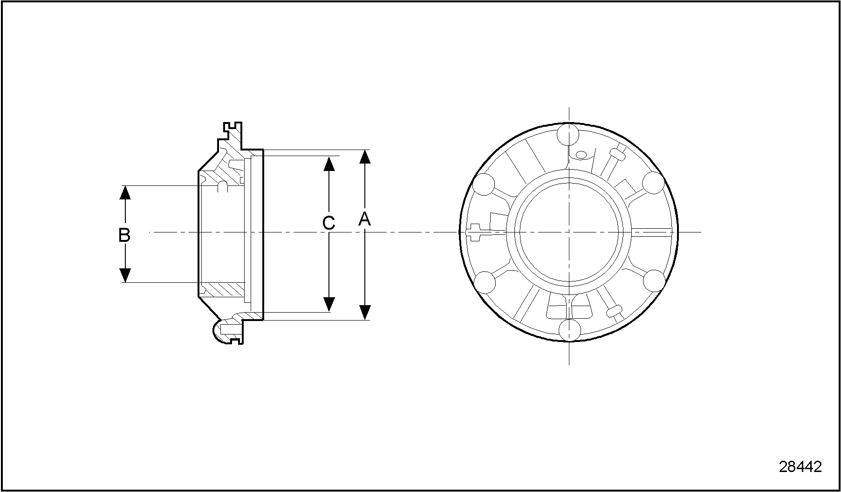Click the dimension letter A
pos(364,219)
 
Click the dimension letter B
pos(124,235)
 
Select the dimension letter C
pos(329,223)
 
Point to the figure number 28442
pos(800,466)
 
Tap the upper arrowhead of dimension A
pos(365,157)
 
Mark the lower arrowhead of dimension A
pos(365,312)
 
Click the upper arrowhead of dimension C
pos(329,164)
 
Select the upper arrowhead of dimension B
pos(125,192)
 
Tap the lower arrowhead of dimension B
pos(125,275)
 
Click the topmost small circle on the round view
pos(569,135)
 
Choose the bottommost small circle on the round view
pos(569,329)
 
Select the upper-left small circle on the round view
pos(484,184)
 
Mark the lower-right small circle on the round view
pos(654,281)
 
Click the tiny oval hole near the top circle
pos(581,154)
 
